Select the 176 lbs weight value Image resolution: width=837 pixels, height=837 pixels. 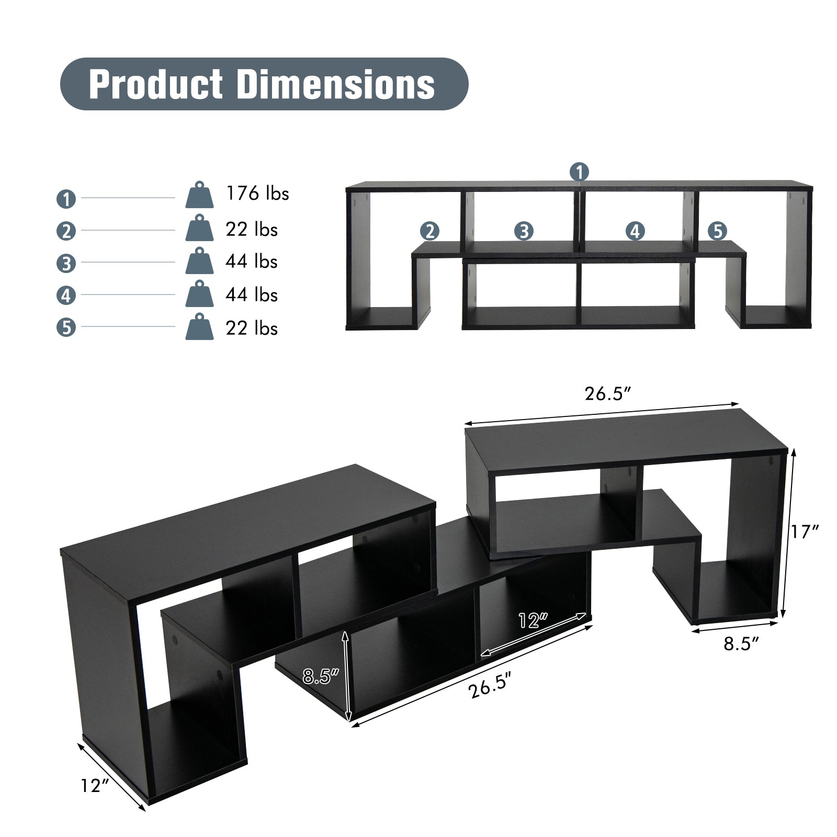point(257,194)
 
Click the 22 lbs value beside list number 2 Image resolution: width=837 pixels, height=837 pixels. point(251,230)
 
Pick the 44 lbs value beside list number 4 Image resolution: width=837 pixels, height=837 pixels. point(251,295)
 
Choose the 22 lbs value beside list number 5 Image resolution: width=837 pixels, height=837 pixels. point(251,329)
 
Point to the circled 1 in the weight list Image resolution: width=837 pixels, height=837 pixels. point(66,199)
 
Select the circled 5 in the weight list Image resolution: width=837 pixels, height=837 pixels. point(66,328)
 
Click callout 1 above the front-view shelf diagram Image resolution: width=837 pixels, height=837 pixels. point(579,172)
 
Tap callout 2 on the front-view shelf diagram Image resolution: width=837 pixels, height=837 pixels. point(429,231)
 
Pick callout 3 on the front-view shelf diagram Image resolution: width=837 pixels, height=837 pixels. point(524,231)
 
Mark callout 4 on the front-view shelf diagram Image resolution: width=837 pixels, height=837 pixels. point(635,231)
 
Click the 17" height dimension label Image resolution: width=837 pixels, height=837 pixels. point(804,532)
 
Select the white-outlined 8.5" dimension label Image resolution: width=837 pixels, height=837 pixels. point(321,676)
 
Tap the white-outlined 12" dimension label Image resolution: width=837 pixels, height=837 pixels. point(533,620)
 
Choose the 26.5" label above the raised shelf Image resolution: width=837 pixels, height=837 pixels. point(605,394)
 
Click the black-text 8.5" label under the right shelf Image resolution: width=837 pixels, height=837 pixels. point(741,644)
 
